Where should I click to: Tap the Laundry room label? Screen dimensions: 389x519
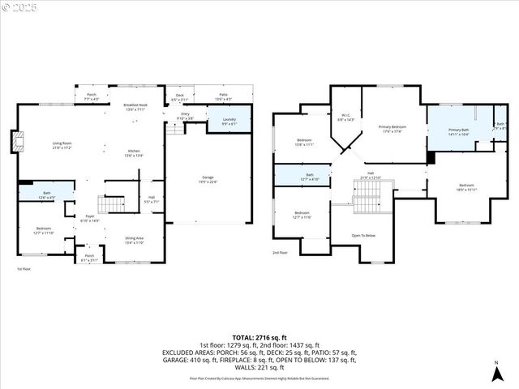pos(229,122)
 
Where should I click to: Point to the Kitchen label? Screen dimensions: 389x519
pos(134,153)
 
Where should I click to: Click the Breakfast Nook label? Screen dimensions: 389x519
pos(135,107)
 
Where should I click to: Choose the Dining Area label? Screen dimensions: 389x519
pos(135,240)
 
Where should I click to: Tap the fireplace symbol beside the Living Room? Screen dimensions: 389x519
pos(16,143)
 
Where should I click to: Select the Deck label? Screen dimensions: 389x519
pos(179,97)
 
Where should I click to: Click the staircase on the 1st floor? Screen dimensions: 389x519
pos(112,202)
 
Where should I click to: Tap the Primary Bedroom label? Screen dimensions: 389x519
pos(392,130)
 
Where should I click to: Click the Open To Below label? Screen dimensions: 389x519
pos(363,236)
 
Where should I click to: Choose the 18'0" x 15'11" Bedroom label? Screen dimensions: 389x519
pos(466,187)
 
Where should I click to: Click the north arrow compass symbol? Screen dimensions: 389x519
pos(495,374)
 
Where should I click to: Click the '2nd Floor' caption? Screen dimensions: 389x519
pos(280,252)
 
